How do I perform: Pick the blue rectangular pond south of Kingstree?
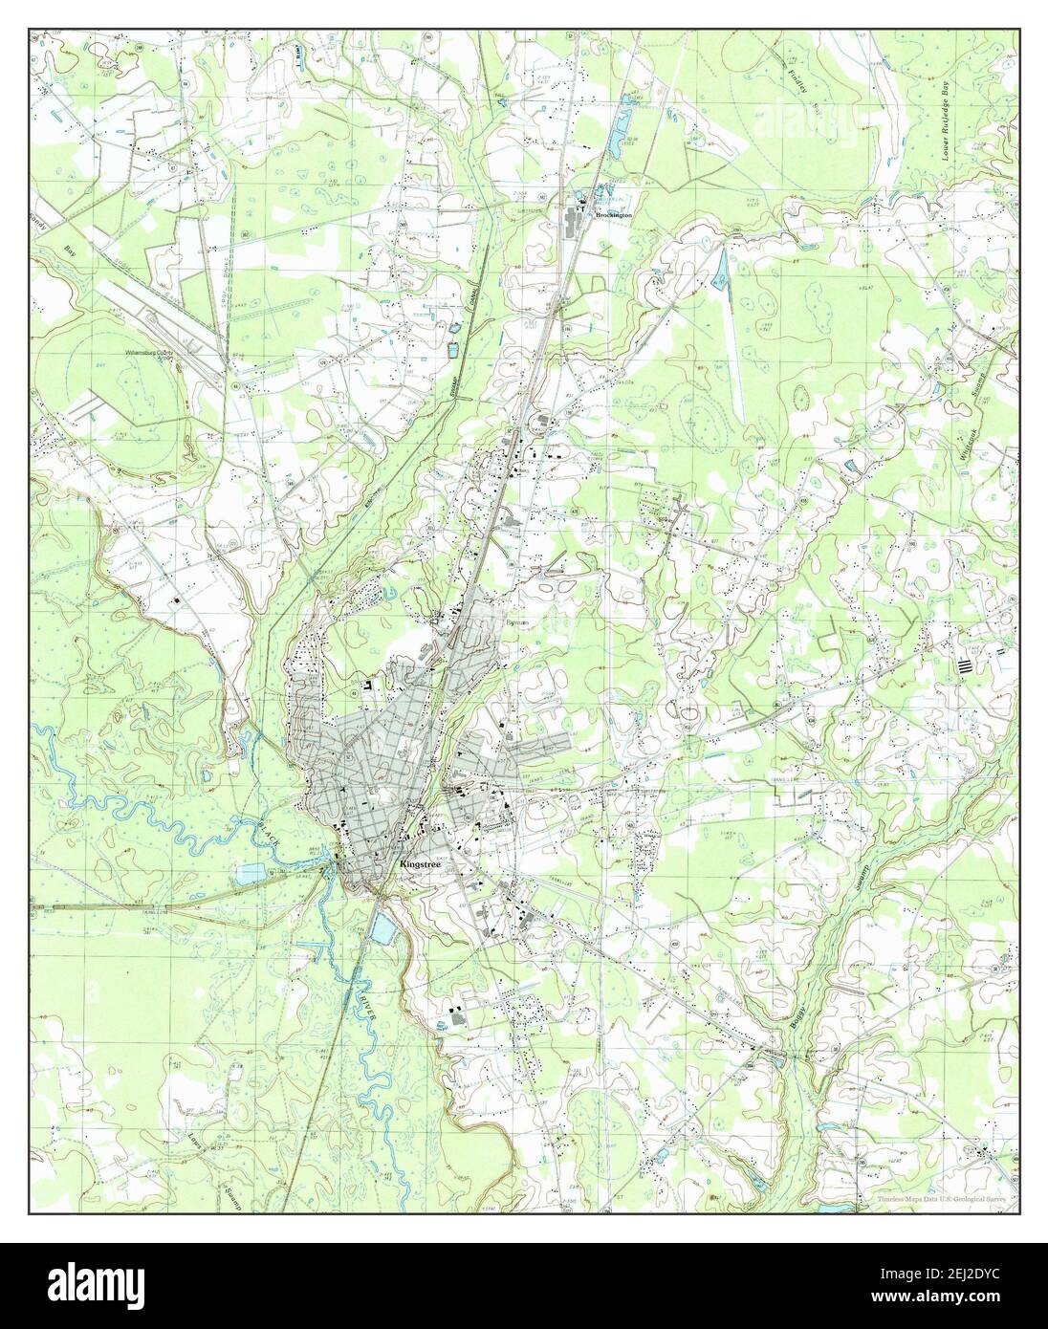(382, 926)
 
